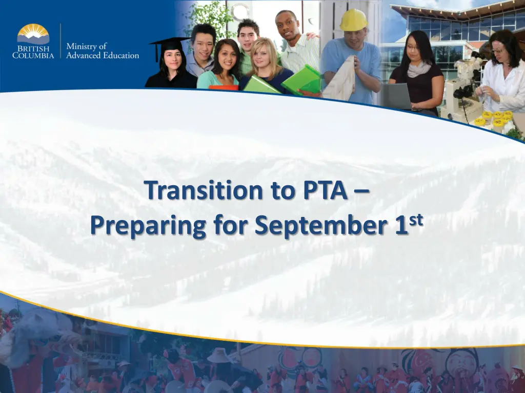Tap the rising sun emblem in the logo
click(33, 33)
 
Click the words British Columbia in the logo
click(33, 52)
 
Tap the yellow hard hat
click(354, 20)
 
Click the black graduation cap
click(170, 43)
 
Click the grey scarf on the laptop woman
click(419, 69)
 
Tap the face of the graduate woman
click(173, 59)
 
